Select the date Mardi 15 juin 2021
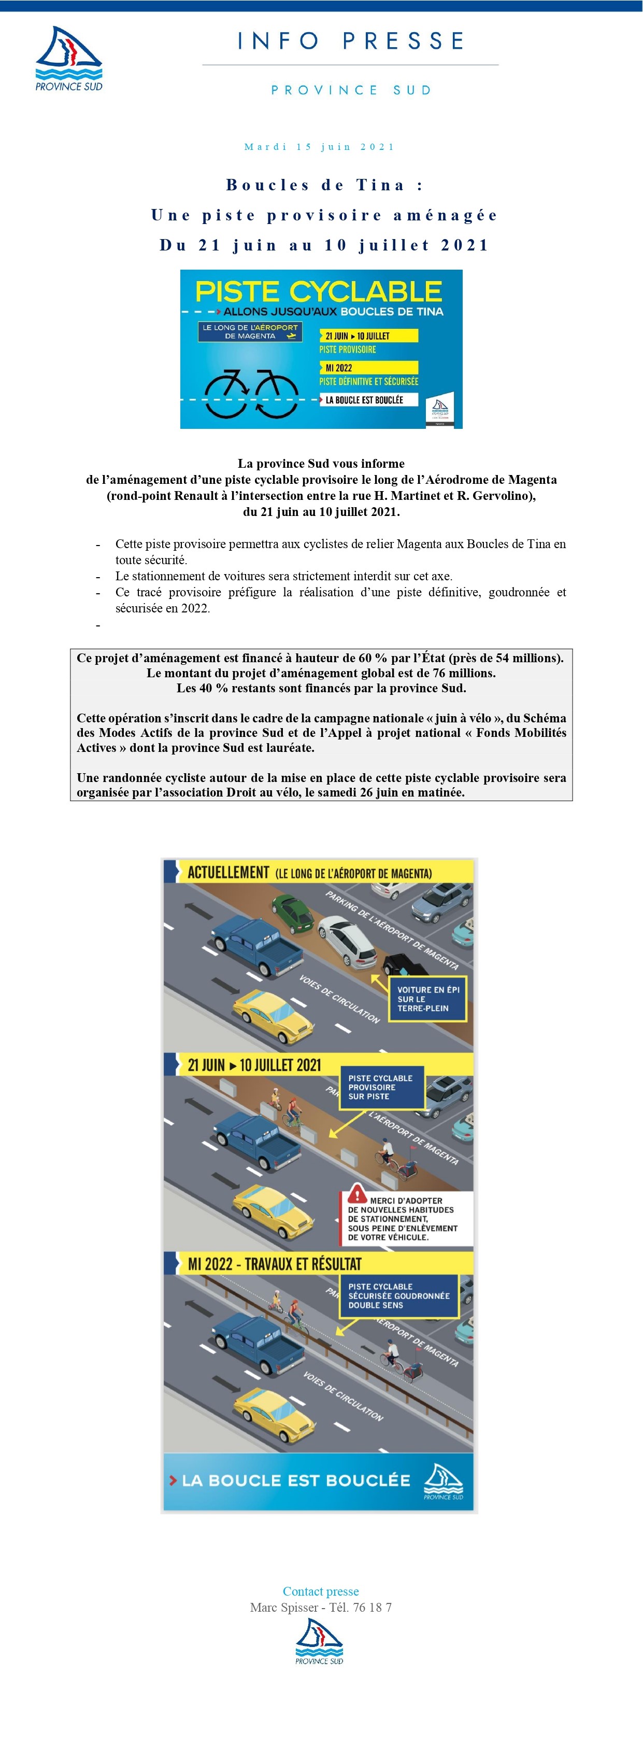coord(320,146)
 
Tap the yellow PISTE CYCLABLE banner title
coord(318,291)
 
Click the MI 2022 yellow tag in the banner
coord(369,368)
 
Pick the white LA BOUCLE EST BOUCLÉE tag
coord(369,400)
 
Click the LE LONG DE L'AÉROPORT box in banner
coord(250,331)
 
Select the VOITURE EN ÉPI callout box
coord(428,998)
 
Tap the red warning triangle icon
coord(358,1194)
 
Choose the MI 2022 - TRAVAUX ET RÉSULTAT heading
coord(274,1264)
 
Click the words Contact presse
coord(321,1591)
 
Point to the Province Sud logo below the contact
coord(320,1641)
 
